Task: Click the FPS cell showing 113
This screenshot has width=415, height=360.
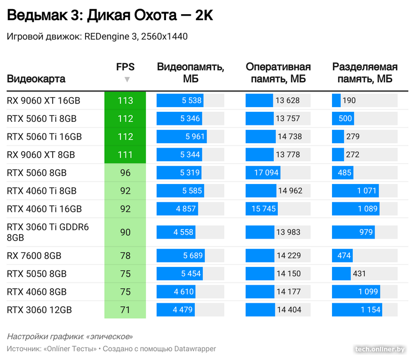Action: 125,101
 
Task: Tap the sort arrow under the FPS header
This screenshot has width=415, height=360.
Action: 127,79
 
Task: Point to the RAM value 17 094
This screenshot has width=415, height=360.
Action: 266,173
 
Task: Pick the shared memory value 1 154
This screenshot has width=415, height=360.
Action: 370,310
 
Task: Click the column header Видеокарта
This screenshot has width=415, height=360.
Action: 36,79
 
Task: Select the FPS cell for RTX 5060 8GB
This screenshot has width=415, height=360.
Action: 125,173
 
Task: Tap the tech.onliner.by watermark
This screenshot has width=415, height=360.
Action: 381,349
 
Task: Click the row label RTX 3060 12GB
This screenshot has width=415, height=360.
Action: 39,310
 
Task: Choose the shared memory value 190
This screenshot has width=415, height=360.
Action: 349,101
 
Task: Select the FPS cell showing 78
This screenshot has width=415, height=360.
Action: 125,256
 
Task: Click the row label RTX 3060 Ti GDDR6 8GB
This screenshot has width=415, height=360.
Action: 48,232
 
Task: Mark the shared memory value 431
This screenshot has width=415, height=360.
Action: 359,274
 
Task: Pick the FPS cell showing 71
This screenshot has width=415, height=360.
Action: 125,310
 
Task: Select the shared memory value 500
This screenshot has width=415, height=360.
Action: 345,119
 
